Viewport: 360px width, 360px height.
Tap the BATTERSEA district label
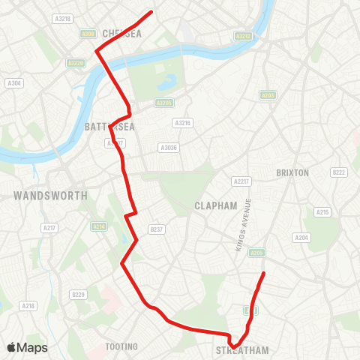pos(110,127)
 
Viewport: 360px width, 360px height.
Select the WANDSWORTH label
pos(50,195)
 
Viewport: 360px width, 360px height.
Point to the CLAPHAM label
pos(215,205)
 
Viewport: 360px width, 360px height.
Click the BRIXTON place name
pos(292,172)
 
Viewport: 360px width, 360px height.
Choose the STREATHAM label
pos(241,350)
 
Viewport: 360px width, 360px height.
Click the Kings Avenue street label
pos(242,224)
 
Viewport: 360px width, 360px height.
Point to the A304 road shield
pos(13,83)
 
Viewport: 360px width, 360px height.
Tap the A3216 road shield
pos(181,122)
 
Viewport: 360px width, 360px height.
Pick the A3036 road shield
pos(168,148)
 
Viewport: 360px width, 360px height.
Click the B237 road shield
pos(156,229)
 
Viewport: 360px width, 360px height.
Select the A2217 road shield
pos(241,181)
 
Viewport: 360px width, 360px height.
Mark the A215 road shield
pos(322,212)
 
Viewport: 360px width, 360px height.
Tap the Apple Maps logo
pos(27,347)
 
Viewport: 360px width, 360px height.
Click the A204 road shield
pos(301,238)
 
